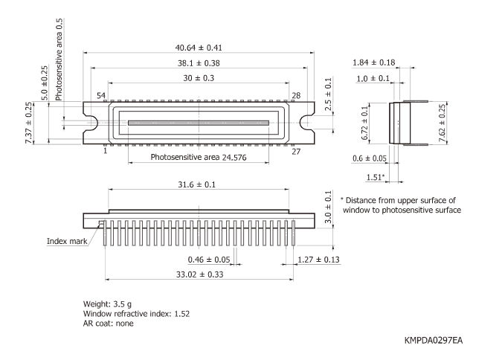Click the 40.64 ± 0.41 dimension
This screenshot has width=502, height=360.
point(197,46)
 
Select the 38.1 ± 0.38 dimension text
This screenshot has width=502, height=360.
point(197,62)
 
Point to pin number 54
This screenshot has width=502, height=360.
point(101,96)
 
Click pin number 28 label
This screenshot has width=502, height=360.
point(295,96)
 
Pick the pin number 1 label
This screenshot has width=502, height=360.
point(105,150)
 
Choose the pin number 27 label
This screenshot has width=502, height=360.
point(295,151)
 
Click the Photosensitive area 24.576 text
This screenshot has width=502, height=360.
point(199,158)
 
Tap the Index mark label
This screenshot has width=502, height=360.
point(68,241)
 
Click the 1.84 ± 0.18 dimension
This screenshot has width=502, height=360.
point(373,62)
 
